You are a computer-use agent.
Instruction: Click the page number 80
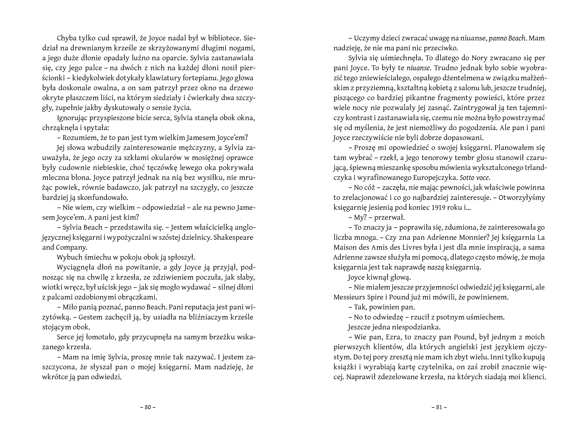pos(148,407)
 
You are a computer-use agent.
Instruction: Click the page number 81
pos(439,407)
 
